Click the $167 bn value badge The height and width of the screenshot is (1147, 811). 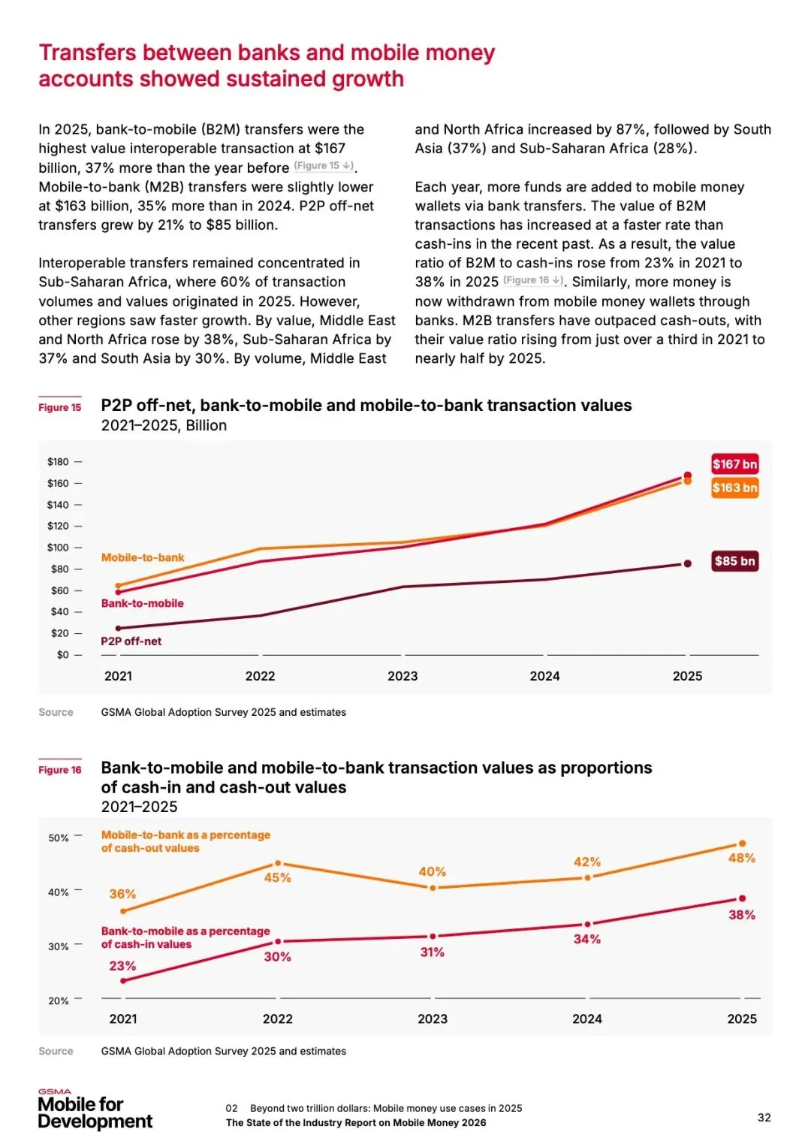734,464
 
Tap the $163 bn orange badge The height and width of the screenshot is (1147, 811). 734,488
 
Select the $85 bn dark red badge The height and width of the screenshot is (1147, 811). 734,561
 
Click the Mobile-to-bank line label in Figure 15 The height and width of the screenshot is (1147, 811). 143,557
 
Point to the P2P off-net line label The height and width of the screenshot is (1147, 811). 131,641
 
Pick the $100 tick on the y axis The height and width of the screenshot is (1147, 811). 58,548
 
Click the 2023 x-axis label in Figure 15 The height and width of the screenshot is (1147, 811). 402,676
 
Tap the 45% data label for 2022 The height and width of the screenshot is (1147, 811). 277,878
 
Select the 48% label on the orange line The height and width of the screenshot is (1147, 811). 741,858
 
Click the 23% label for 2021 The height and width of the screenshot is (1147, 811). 122,966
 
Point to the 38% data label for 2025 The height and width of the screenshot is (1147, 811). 741,915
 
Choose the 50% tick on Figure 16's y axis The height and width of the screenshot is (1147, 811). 59,838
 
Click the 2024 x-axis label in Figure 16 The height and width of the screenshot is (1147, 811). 586,1019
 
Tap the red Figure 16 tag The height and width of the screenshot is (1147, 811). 60,770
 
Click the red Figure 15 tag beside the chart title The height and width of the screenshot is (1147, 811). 60,407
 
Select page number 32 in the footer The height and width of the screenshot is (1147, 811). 764,1118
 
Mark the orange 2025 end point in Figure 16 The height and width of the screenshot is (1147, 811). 742,844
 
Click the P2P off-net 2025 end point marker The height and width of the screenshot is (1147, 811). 687,563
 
